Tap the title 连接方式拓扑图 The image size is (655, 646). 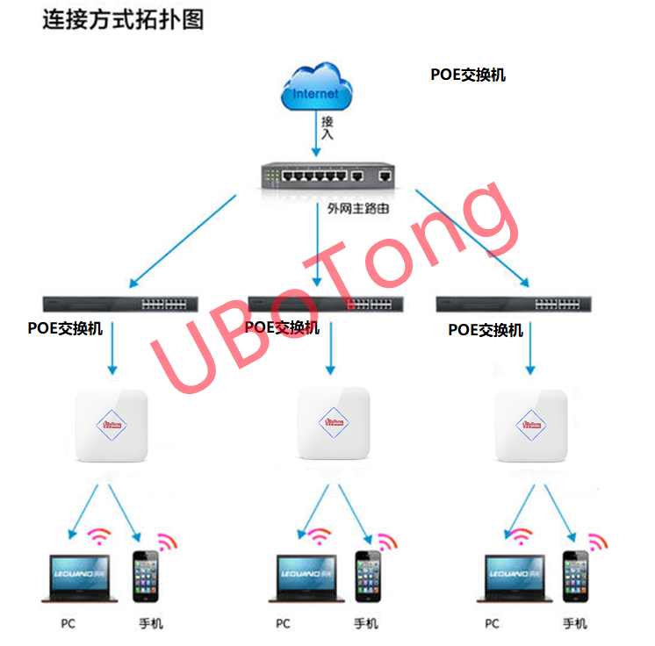tap(123, 20)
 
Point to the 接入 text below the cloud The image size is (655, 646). tap(327, 128)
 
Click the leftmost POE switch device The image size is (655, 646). tap(125, 305)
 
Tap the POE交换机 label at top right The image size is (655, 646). tap(468, 75)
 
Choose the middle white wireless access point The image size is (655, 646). tap(333, 423)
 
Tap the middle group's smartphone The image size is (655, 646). tap(367, 577)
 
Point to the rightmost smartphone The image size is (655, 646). tap(576, 577)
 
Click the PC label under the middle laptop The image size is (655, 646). tap(283, 624)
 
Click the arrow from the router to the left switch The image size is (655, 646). tap(183, 240)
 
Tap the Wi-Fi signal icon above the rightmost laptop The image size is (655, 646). tap(522, 535)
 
